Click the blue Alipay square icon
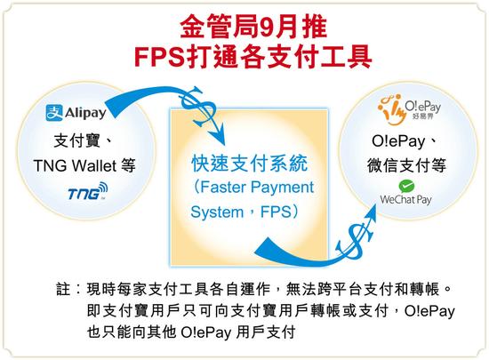click(54, 113)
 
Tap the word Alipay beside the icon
click(85, 113)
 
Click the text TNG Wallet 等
click(84, 165)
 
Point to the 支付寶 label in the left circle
click(76, 140)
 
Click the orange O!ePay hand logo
click(392, 110)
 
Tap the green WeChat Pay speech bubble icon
click(406, 186)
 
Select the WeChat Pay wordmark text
click(405, 200)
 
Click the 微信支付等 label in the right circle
click(406, 165)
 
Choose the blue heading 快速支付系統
click(249, 164)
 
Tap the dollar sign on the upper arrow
click(197, 103)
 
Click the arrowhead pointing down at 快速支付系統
click(219, 137)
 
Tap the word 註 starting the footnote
click(63, 289)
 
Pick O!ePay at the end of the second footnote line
click(429, 311)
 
